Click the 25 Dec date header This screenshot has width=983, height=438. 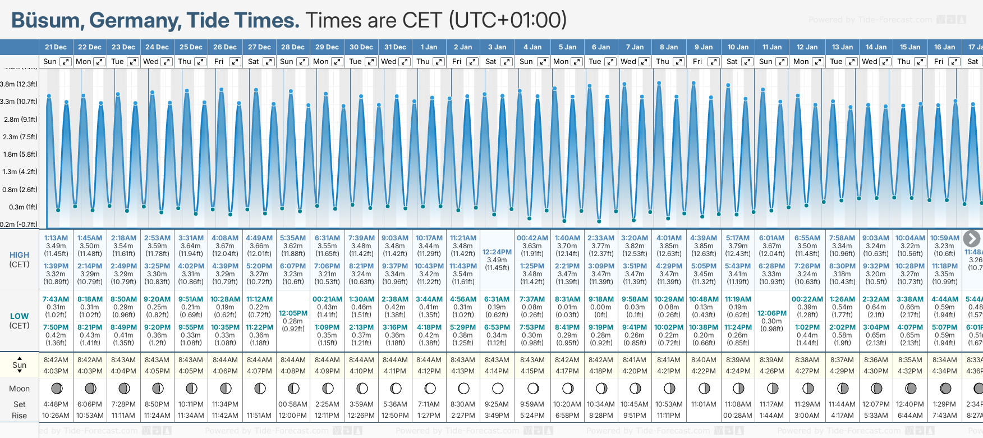click(x=191, y=47)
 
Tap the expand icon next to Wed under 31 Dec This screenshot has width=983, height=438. click(x=405, y=62)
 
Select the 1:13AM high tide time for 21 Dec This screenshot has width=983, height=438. click(x=56, y=238)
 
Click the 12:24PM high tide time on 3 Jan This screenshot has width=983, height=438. click(x=497, y=252)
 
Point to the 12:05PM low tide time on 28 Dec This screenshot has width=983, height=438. click(x=293, y=313)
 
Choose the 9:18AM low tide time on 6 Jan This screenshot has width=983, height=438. click(x=601, y=299)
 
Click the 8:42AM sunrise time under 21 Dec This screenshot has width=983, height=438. click(x=56, y=360)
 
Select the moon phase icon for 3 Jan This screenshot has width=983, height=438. click(x=498, y=388)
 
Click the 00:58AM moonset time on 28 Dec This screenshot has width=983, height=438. click(x=293, y=404)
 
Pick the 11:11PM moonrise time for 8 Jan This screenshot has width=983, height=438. click(x=669, y=416)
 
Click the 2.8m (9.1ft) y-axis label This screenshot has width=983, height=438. click(x=20, y=119)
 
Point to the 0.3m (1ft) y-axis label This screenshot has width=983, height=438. click(x=23, y=207)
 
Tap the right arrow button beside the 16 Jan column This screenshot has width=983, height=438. click(x=972, y=239)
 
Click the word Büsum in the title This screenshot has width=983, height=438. click(x=45, y=21)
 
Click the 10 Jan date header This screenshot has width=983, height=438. click(x=738, y=47)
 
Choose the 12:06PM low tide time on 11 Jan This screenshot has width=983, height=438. click(x=772, y=313)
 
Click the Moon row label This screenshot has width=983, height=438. click(x=20, y=389)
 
